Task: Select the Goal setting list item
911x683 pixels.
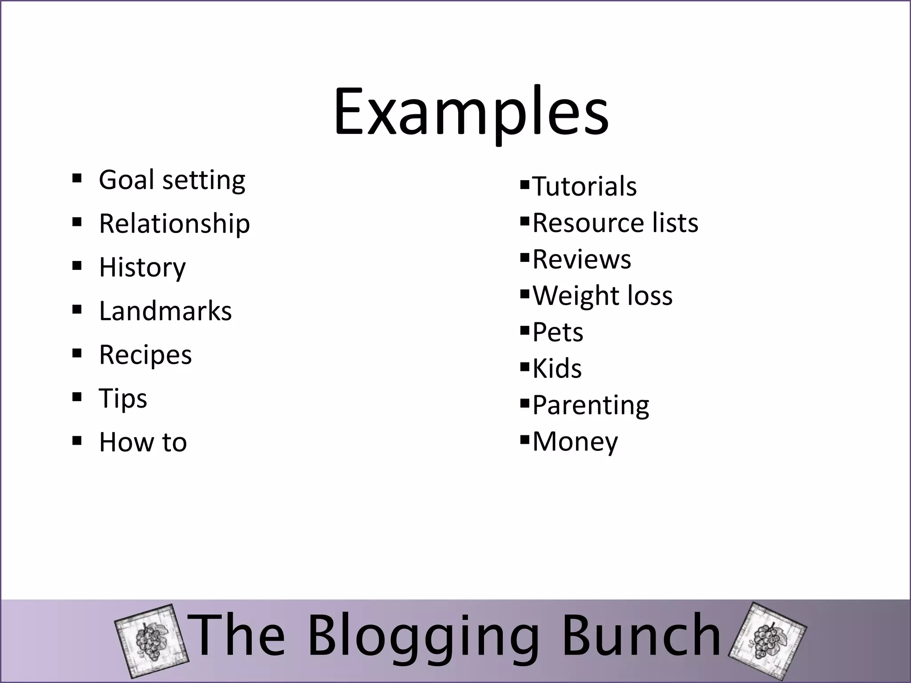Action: click(x=172, y=180)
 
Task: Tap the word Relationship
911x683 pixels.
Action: click(x=174, y=223)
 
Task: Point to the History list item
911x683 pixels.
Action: click(x=142, y=267)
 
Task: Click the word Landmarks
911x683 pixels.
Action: click(x=165, y=311)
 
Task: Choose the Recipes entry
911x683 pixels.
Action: click(x=145, y=355)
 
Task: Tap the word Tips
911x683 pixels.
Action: click(x=123, y=398)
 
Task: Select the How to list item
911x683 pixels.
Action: click(x=143, y=442)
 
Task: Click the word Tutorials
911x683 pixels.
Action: click(x=584, y=186)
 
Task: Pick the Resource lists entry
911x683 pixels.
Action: click(x=615, y=222)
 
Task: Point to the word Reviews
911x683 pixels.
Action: click(x=581, y=259)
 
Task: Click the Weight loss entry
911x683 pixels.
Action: click(x=602, y=295)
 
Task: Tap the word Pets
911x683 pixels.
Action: click(x=557, y=332)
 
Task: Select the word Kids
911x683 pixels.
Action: click(x=556, y=369)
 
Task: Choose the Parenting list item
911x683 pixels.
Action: click(x=590, y=405)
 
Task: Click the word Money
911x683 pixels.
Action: click(x=575, y=442)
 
